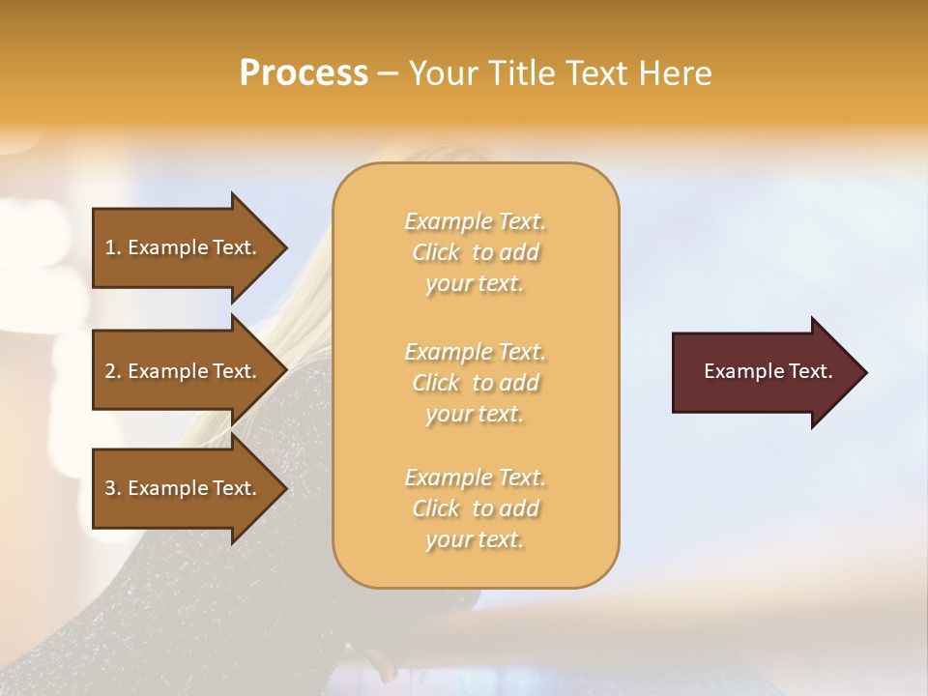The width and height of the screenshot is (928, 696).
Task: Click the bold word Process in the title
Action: (x=304, y=73)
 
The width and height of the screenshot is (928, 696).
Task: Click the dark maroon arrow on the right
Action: (x=764, y=372)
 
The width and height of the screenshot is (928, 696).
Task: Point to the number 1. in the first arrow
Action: (x=114, y=247)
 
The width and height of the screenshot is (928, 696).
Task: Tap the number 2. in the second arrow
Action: (x=114, y=371)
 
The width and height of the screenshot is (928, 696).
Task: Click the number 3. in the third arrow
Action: (x=114, y=488)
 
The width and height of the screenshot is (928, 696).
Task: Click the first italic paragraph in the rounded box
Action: (x=476, y=252)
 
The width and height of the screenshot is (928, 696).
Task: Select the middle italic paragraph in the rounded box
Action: (x=476, y=383)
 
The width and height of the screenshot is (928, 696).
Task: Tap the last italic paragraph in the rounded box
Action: (x=476, y=508)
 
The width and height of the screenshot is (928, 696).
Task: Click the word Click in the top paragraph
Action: (x=436, y=252)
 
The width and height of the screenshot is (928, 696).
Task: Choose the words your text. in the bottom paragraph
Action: (x=475, y=539)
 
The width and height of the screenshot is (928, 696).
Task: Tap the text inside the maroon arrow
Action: (x=768, y=371)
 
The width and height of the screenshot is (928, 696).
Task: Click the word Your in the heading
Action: (x=442, y=73)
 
